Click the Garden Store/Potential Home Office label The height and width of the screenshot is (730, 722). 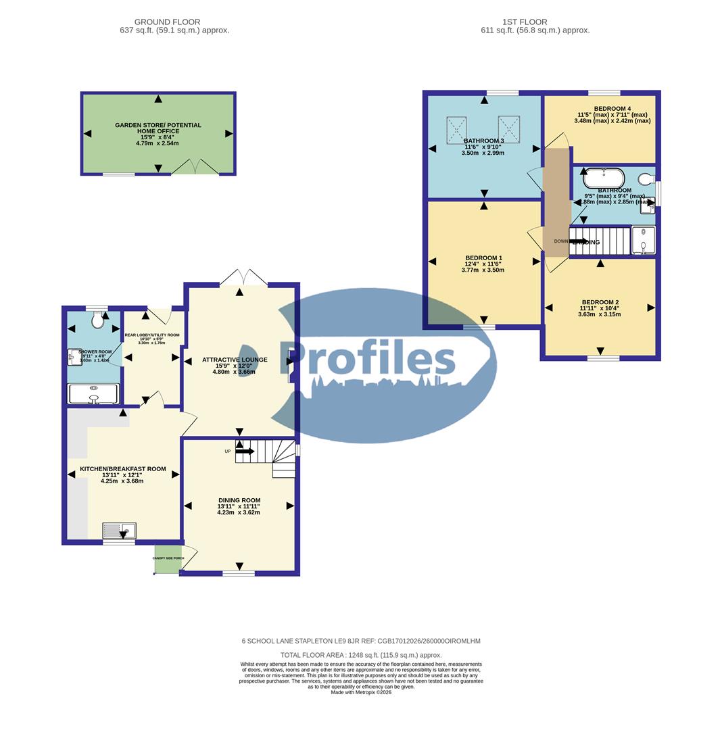click(158, 128)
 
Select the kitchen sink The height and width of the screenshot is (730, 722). click(120, 531)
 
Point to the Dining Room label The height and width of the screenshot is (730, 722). click(239, 501)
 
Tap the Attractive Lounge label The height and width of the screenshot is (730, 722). click(235, 360)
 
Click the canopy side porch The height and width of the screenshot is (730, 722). click(168, 559)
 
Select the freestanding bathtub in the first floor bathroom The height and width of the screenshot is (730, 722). click(604, 178)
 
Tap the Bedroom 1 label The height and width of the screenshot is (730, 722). click(483, 258)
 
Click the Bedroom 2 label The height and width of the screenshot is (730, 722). click(599, 303)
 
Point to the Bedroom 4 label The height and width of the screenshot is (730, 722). click(612, 109)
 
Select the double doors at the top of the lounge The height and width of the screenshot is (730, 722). click(244, 277)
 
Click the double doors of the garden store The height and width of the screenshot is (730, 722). click(195, 166)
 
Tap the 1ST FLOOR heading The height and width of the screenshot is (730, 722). click(525, 22)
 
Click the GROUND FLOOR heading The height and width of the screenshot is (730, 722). click(167, 22)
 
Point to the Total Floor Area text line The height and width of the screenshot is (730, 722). click(361, 655)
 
